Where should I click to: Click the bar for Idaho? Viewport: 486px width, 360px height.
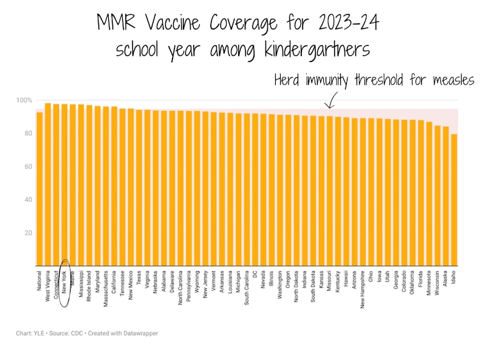point(454,201)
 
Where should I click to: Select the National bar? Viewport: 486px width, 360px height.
point(39,189)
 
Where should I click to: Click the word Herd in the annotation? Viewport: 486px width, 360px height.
point(289,80)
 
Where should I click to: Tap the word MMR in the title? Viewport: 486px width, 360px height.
point(117,24)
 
